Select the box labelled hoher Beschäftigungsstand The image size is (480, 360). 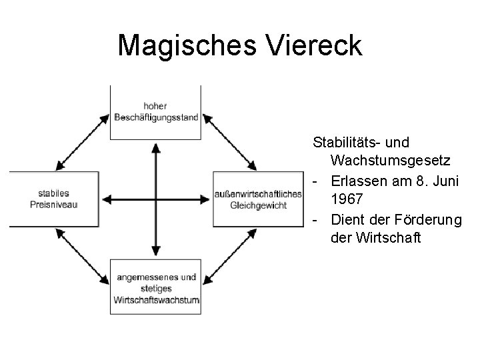pyautogui.click(x=156, y=112)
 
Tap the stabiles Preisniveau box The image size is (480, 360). pyautogui.click(x=54, y=199)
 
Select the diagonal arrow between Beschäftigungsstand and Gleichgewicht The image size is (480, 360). pyautogui.click(x=229, y=141)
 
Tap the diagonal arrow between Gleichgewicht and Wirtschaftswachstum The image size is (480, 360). pyautogui.click(x=229, y=257)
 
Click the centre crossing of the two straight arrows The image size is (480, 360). pyautogui.click(x=156, y=199)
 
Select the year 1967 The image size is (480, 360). pyautogui.click(x=347, y=198)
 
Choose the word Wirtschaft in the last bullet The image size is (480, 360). pyautogui.click(x=389, y=237)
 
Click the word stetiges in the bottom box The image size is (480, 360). pyautogui.click(x=156, y=289)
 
